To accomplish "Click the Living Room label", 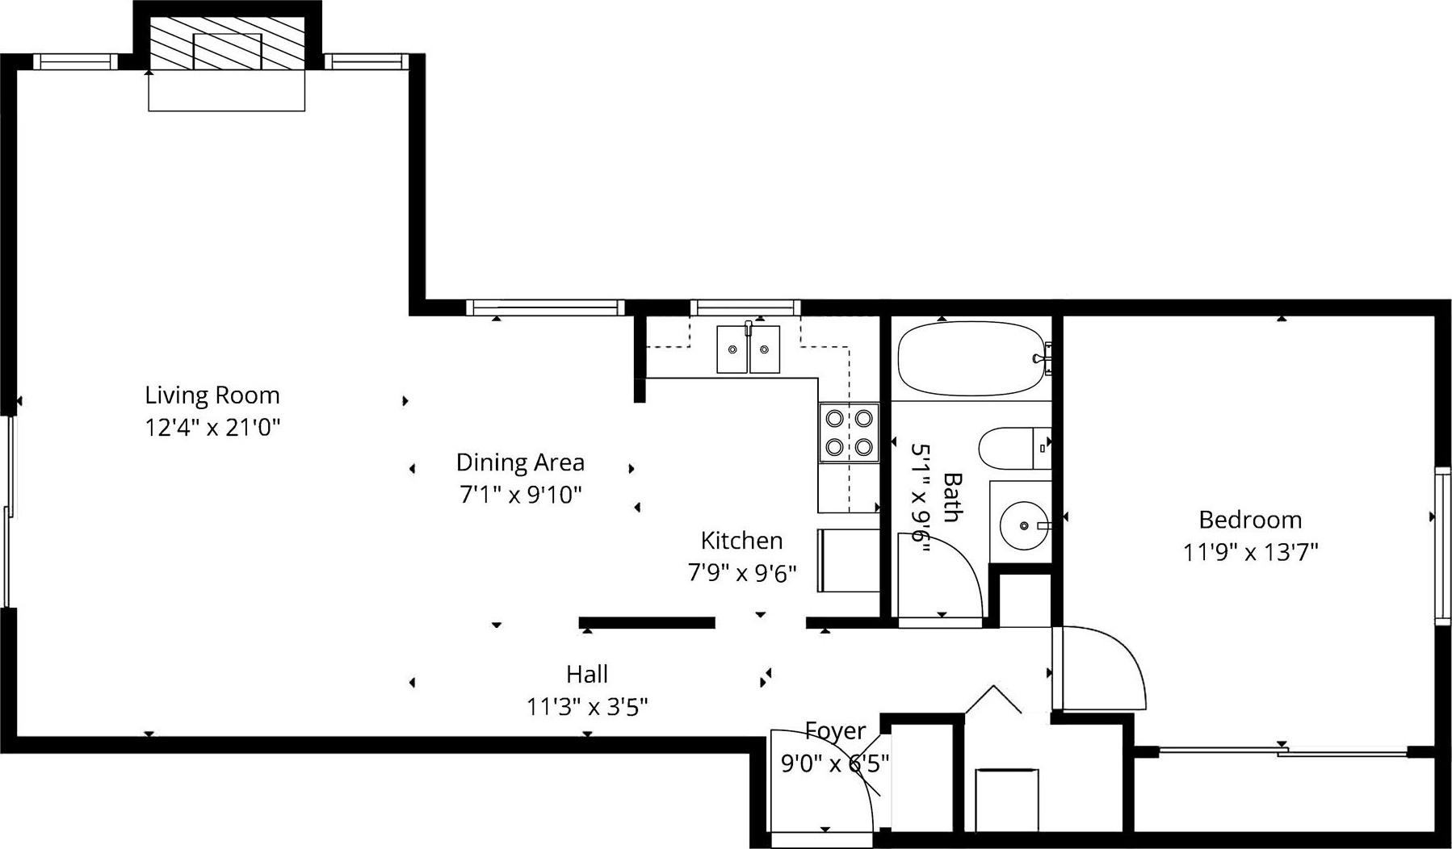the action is pyautogui.click(x=212, y=395).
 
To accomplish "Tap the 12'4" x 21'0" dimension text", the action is pyautogui.click(x=212, y=427).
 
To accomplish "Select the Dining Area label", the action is pyautogui.click(x=520, y=462).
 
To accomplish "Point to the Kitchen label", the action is pyautogui.click(x=741, y=540).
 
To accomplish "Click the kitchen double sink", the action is pyautogui.click(x=749, y=349).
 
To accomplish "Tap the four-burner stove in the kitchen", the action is pyautogui.click(x=849, y=432).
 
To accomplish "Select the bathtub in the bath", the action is pyautogui.click(x=974, y=358).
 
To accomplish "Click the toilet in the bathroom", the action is pyautogui.click(x=1015, y=448).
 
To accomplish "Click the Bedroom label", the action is pyautogui.click(x=1250, y=520).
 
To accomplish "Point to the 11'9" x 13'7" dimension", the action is pyautogui.click(x=1250, y=553).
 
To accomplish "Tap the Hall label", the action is pyautogui.click(x=587, y=674).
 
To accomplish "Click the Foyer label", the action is pyautogui.click(x=835, y=731).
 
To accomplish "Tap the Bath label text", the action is pyautogui.click(x=953, y=497).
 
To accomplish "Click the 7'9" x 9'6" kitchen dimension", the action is pyautogui.click(x=741, y=573).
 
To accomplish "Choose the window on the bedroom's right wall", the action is pyautogui.click(x=1442, y=546).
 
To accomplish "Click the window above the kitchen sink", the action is pyautogui.click(x=745, y=307).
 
